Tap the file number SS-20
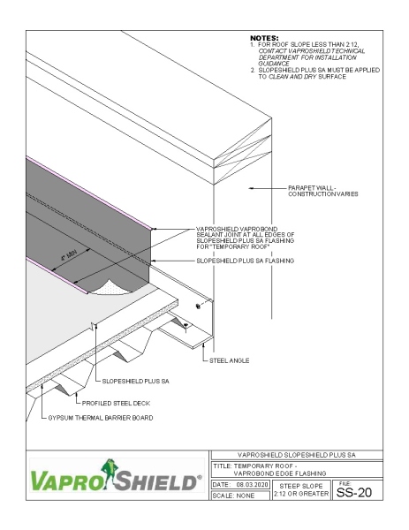[x=364, y=492]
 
